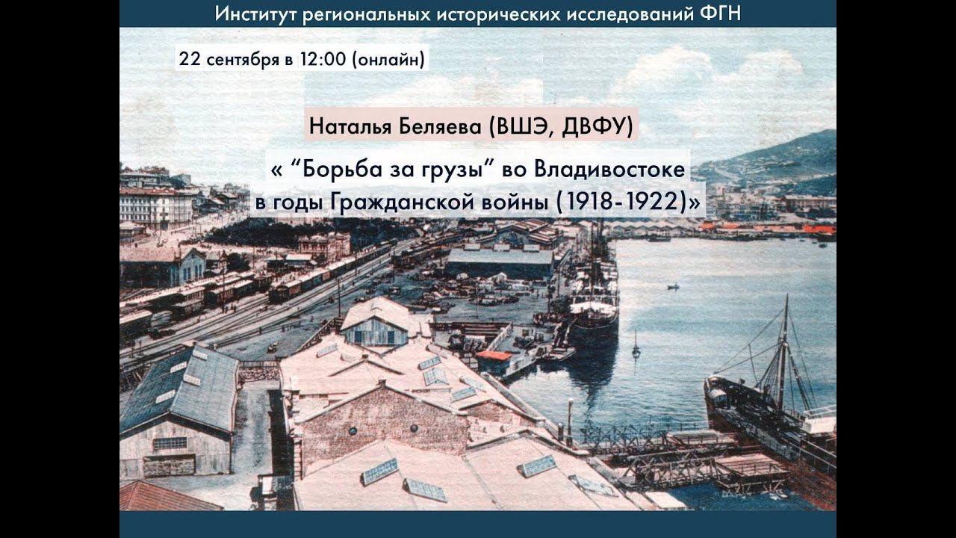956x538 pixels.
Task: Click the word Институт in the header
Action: pyautogui.click(x=255, y=13)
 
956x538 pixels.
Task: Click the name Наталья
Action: pyautogui.click(x=346, y=127)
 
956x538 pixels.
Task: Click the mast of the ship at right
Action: pyautogui.click(x=783, y=351)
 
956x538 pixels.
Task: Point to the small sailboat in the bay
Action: pyautogui.click(x=636, y=348)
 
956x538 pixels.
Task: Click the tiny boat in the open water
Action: pyautogui.click(x=673, y=286)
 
